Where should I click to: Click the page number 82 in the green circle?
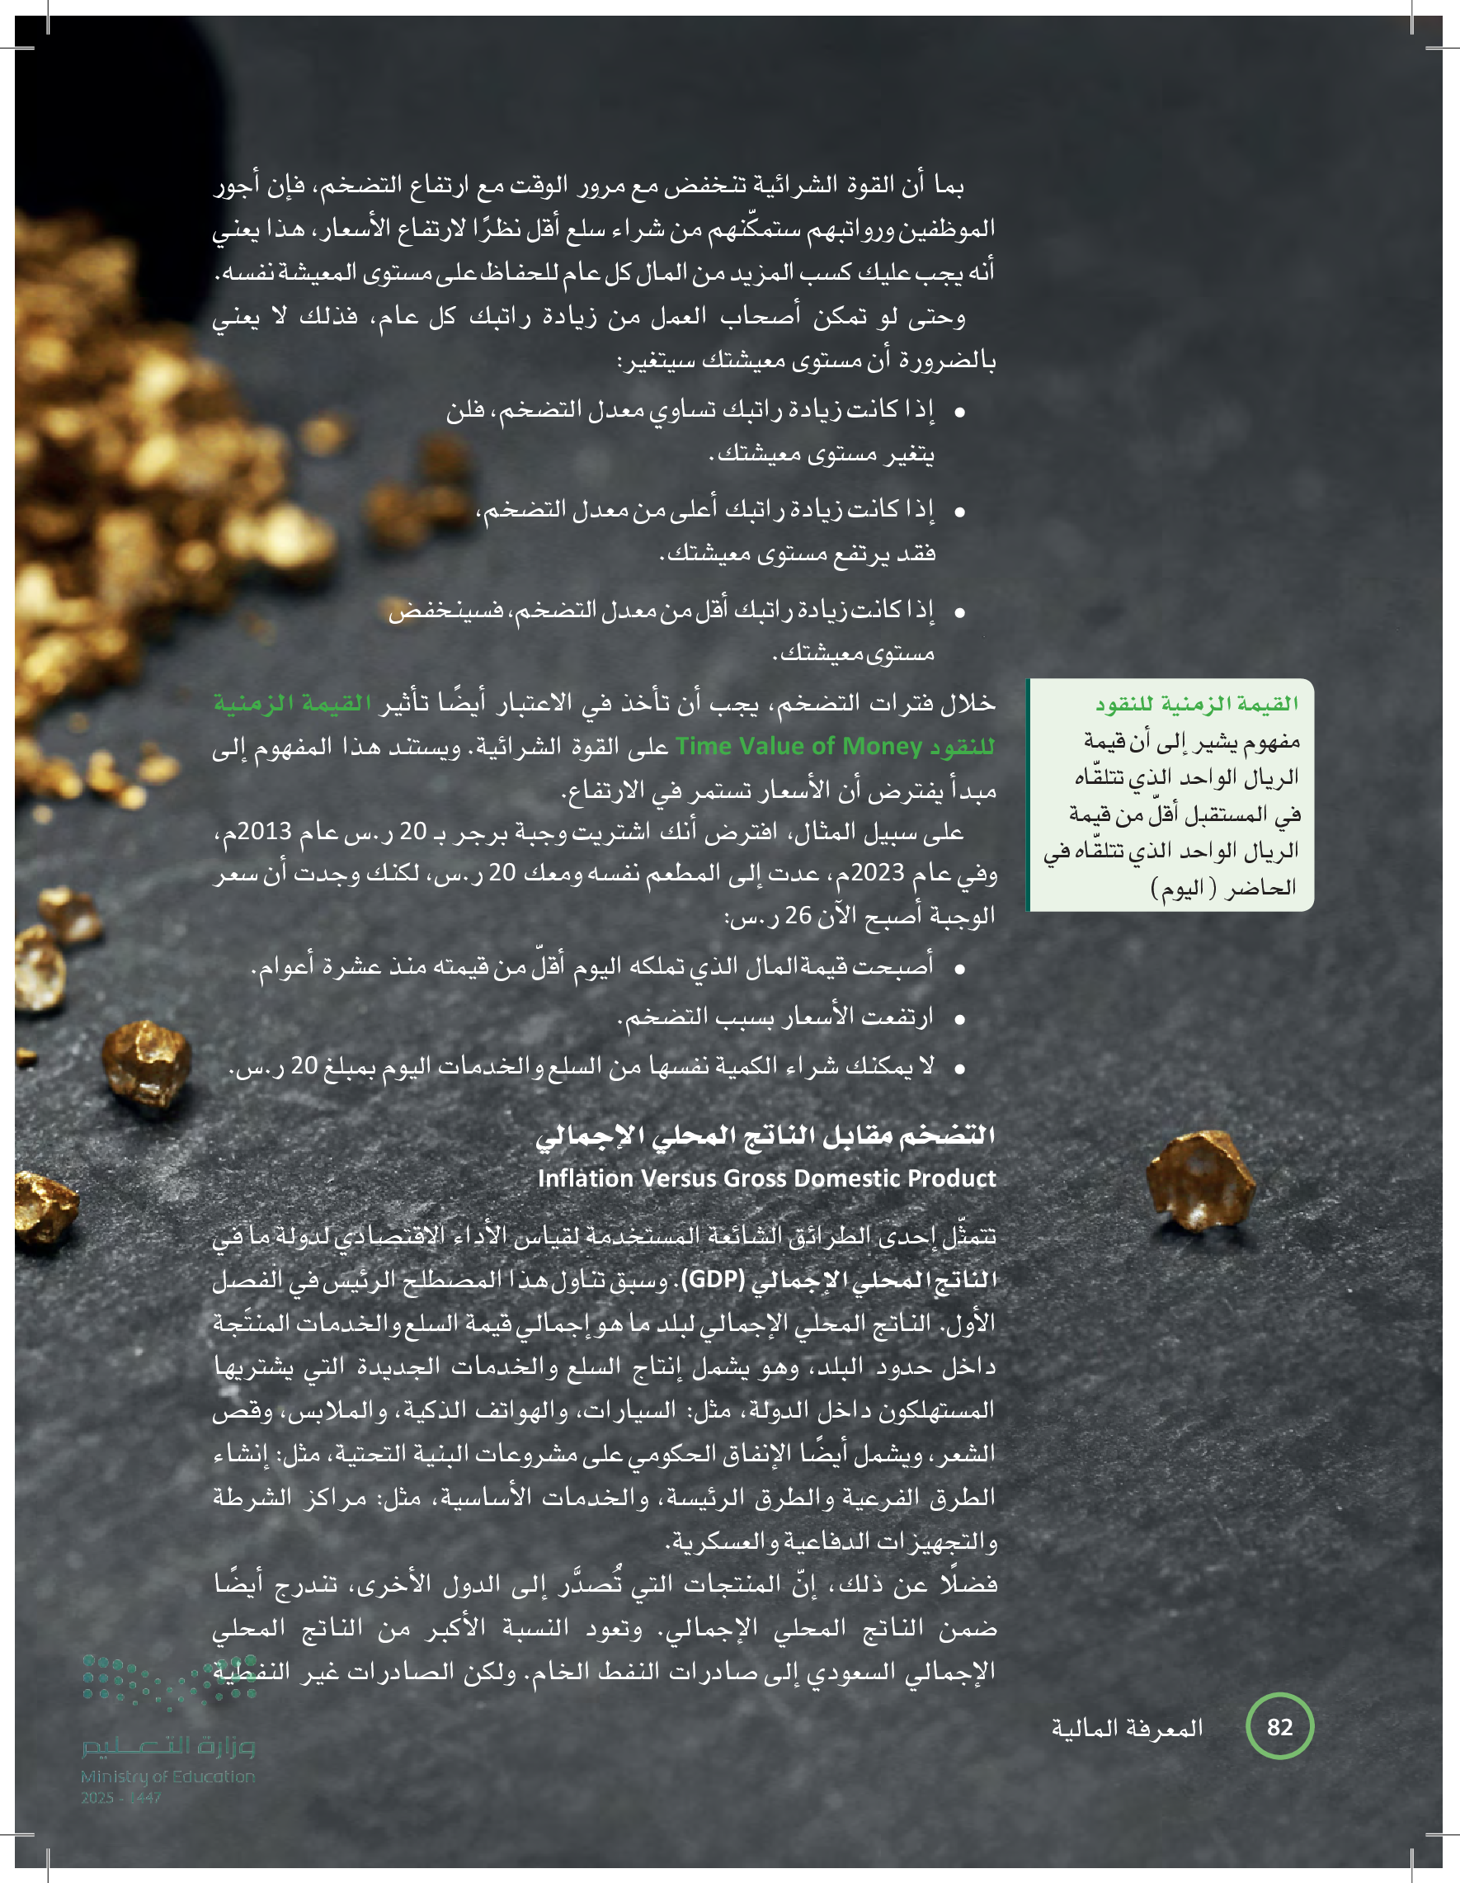(1279, 1726)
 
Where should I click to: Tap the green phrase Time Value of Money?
(798, 746)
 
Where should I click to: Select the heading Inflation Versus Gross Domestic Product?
(766, 1177)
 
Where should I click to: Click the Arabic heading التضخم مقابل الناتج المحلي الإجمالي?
(765, 1135)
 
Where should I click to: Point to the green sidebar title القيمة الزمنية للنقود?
(1197, 704)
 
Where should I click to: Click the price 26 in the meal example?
(798, 916)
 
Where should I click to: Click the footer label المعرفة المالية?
(1127, 1728)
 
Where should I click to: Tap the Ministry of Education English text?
(168, 1776)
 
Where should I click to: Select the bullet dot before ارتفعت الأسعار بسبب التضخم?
(959, 1019)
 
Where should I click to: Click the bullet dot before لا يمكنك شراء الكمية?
(959, 1069)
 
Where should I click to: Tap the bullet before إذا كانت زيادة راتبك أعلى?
(959, 512)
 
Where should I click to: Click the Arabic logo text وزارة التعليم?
(169, 1746)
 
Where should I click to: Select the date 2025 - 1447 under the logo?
(120, 1798)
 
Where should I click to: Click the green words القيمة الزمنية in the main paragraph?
(293, 704)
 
